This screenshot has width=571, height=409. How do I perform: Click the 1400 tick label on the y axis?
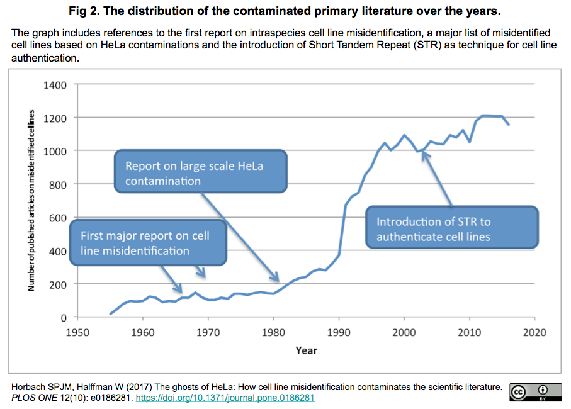click(x=55, y=84)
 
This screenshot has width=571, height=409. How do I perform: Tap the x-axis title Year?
click(x=306, y=350)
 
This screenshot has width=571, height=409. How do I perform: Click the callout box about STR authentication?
click(x=452, y=229)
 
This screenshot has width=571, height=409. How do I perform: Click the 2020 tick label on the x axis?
click(x=534, y=332)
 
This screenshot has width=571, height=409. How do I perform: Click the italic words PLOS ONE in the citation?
click(x=33, y=398)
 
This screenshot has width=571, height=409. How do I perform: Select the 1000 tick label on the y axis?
click(x=55, y=151)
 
